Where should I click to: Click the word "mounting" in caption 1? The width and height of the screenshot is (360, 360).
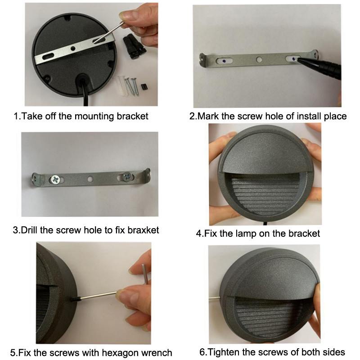[94, 117]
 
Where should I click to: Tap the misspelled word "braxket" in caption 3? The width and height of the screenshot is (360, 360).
[143, 230]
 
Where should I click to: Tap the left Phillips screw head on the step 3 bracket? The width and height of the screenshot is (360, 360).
[55, 179]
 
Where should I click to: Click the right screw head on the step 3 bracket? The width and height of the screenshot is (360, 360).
[127, 176]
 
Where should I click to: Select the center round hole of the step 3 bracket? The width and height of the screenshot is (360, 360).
[90, 178]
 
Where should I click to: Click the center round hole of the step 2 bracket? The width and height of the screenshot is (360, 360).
[259, 60]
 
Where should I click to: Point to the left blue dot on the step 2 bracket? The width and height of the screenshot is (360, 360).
[224, 61]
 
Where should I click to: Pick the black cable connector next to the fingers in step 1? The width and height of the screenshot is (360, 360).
[134, 46]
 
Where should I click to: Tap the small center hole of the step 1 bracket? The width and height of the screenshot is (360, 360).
[73, 49]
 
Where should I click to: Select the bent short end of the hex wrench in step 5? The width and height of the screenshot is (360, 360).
[144, 274]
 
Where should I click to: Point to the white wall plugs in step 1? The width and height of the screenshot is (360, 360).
[121, 85]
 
